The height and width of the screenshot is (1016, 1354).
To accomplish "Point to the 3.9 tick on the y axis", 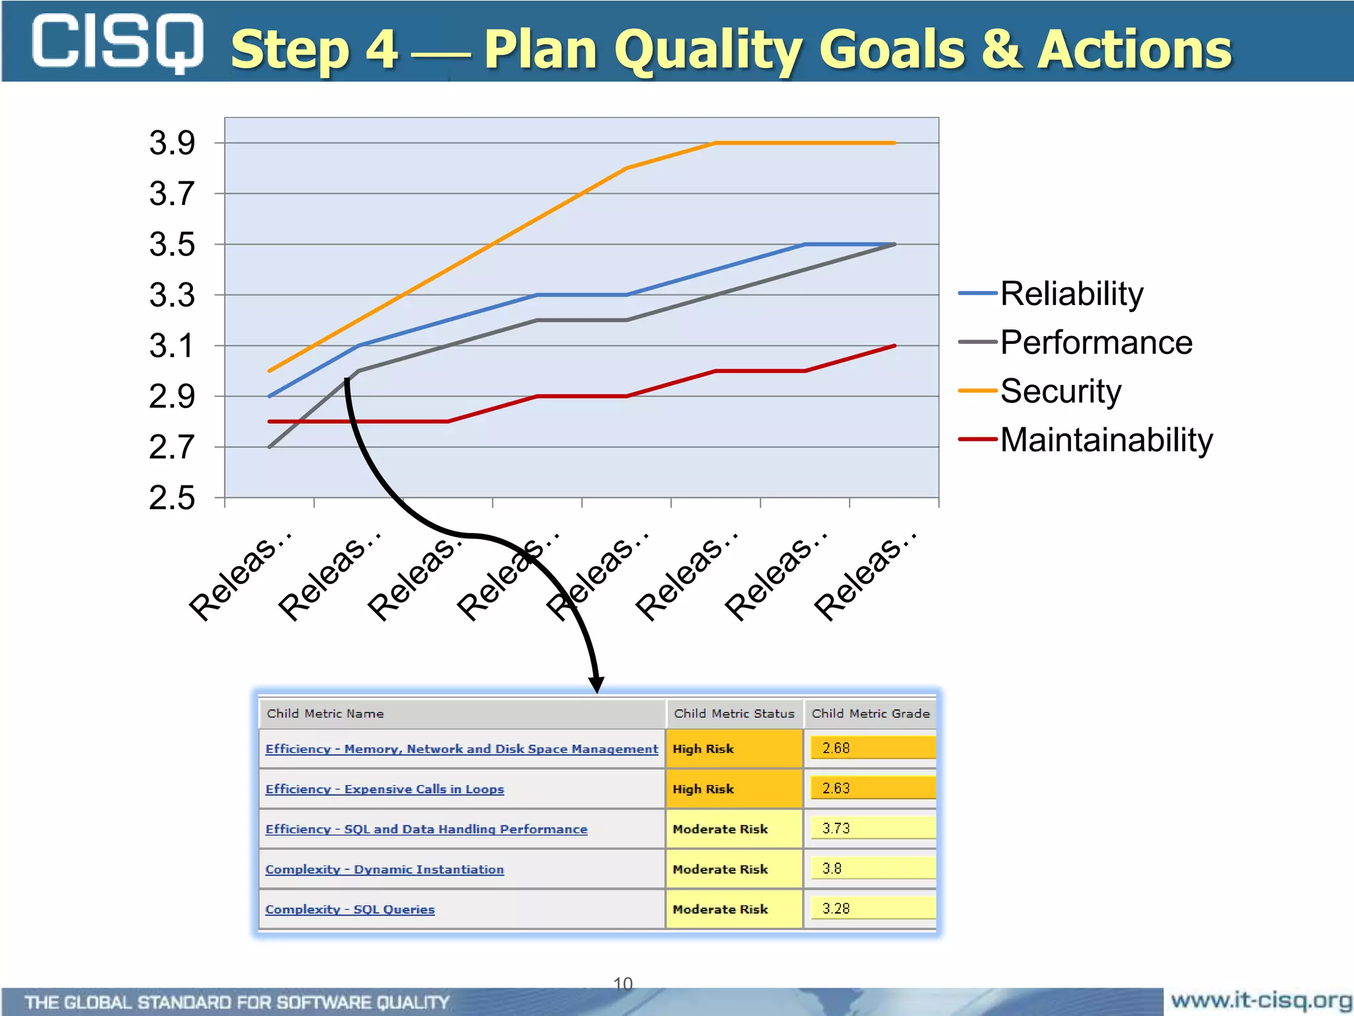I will [172, 143].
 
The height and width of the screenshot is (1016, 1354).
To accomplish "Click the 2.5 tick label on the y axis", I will [172, 497].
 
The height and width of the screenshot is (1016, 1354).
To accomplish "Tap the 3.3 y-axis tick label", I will [172, 295].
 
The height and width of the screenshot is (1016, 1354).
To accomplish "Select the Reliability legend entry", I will [1071, 293].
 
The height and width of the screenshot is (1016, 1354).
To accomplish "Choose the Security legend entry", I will [1060, 391].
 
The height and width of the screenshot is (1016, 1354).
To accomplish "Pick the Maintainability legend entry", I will [1106, 440].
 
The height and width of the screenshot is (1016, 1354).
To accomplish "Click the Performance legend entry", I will [1095, 343].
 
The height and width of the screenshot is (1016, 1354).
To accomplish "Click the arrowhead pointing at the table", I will [596, 684].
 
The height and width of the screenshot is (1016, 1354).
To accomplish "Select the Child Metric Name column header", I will [325, 714].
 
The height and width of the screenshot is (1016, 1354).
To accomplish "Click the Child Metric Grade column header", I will [870, 714].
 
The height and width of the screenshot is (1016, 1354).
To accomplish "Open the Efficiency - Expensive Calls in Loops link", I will [384, 789].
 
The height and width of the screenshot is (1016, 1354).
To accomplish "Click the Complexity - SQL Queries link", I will [350, 910].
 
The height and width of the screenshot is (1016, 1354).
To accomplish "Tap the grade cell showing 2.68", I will [871, 748].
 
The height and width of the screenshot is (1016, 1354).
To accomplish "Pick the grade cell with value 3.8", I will [871, 868].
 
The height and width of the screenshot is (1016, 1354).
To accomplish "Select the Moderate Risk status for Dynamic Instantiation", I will [720, 869].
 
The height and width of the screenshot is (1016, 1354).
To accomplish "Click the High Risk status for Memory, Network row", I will [703, 749].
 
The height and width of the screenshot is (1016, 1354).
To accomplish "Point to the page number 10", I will [623, 984].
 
